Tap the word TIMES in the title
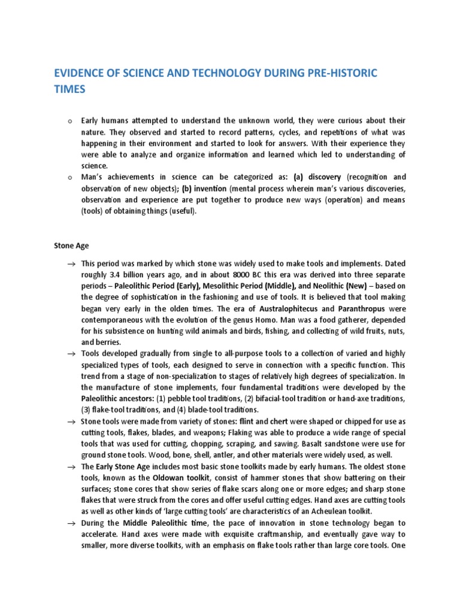pyautogui.click(x=70, y=89)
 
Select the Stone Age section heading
pyautogui.click(x=72, y=245)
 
